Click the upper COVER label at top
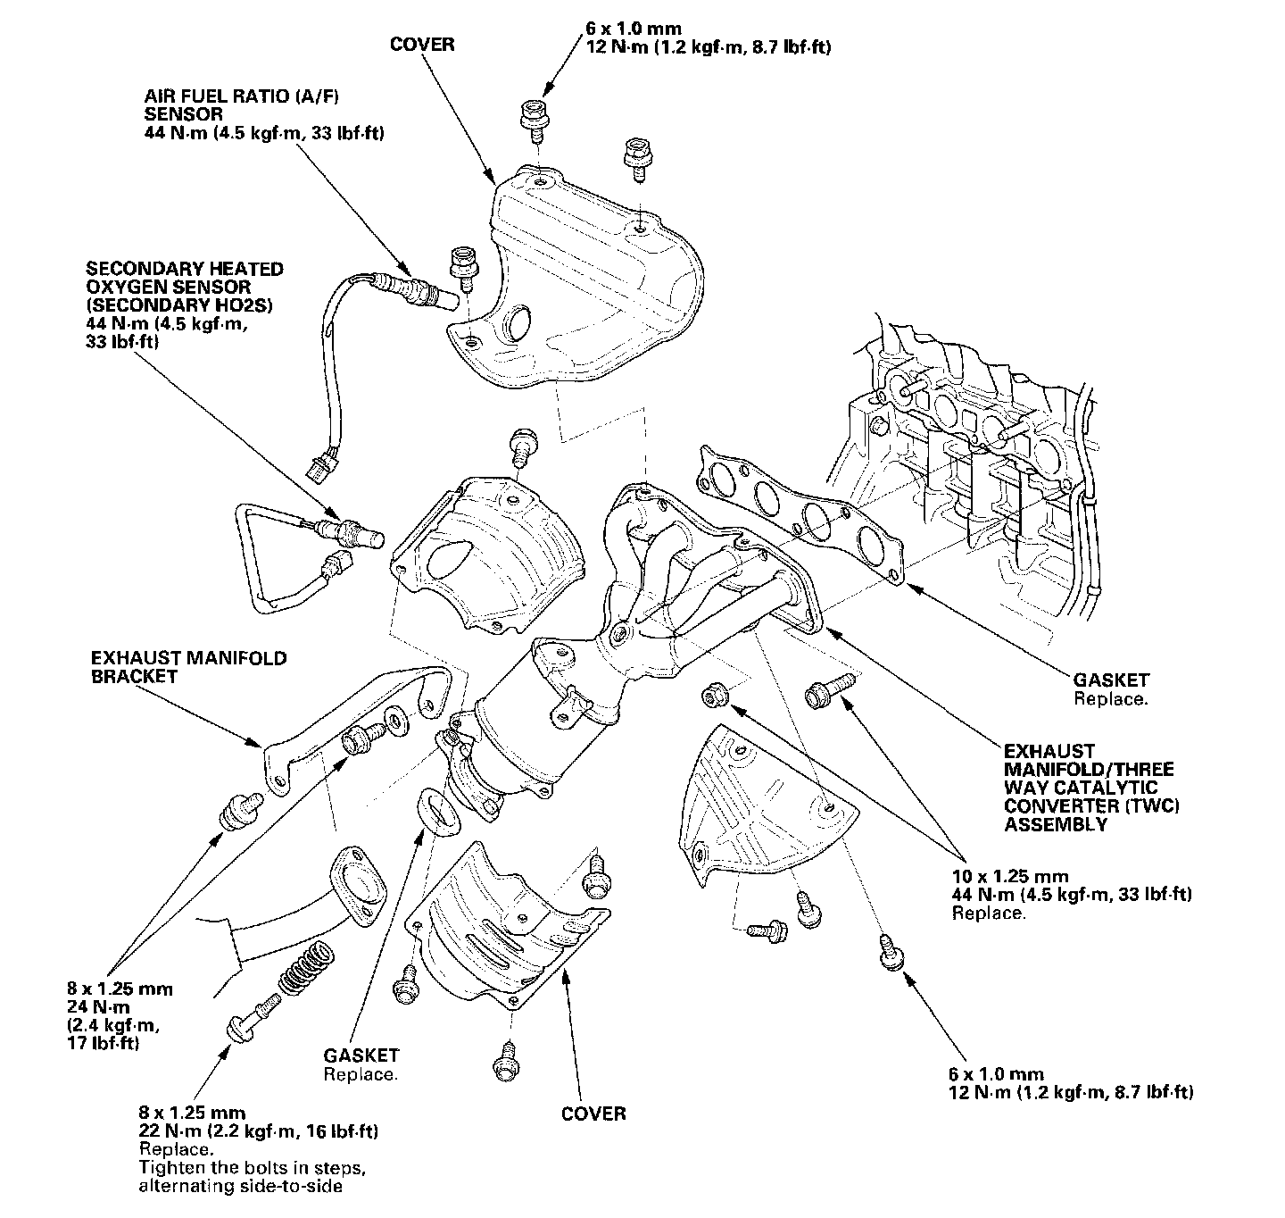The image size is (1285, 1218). [x=422, y=44]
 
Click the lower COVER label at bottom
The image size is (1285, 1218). [x=593, y=1113]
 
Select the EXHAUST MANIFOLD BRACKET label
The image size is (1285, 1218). [x=188, y=667]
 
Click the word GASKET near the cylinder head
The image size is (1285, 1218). [x=1111, y=680]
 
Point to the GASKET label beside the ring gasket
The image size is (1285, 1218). [x=361, y=1055]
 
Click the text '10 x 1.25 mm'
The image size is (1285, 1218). [x=1009, y=876]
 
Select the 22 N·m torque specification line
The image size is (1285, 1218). [x=258, y=1131]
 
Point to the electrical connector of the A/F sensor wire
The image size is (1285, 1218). [x=316, y=465]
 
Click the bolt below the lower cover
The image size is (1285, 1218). [x=504, y=1063]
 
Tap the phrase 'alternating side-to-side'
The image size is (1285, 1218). [x=240, y=1186]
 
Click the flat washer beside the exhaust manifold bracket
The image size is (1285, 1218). [x=394, y=716]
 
